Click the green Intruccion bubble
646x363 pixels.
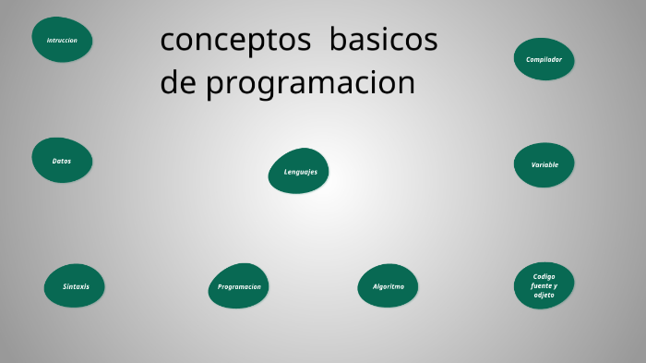[x=62, y=40]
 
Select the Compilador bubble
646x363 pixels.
[x=544, y=59]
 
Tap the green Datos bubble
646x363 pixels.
[x=62, y=161]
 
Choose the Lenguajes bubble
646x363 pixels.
[x=299, y=171]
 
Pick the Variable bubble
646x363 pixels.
[x=544, y=164]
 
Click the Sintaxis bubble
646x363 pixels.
[x=75, y=286]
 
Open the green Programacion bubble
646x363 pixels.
[x=239, y=286]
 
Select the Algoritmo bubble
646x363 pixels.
[x=388, y=286]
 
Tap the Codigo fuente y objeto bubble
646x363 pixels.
[x=544, y=285]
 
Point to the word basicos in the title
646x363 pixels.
[x=383, y=41]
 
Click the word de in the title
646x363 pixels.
[x=178, y=83]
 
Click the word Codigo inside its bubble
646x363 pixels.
[x=544, y=276]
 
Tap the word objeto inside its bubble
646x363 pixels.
[x=544, y=295]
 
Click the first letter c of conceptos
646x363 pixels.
[x=168, y=42]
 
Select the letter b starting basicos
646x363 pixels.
[x=338, y=40]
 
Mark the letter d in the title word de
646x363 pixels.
[x=169, y=82]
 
